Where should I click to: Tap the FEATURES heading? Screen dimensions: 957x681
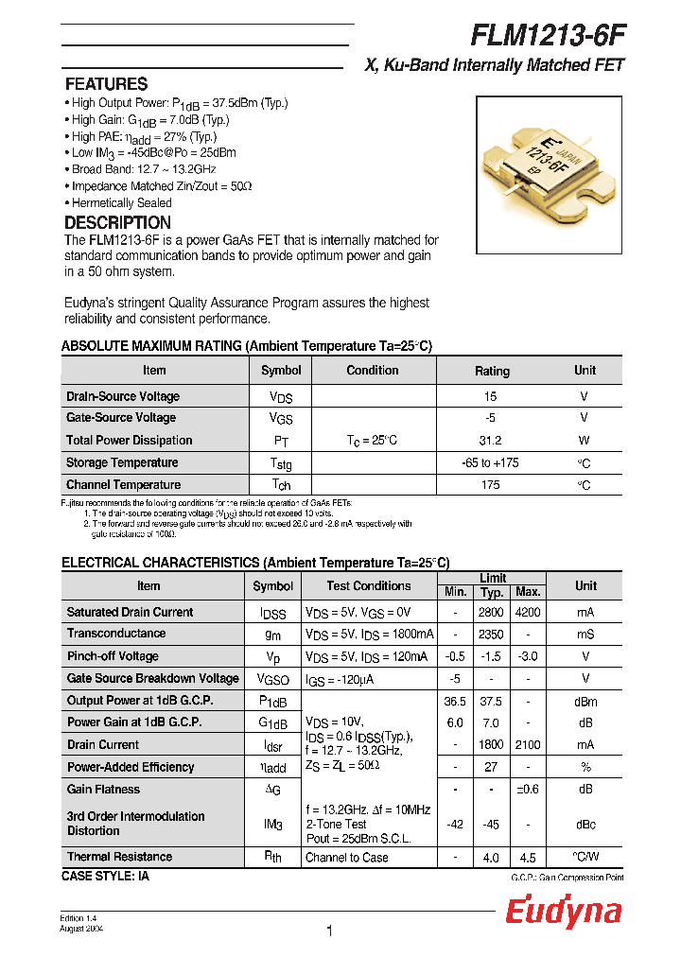[106, 84]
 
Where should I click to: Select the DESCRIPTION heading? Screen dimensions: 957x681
[117, 223]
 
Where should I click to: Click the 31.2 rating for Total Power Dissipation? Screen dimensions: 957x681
[491, 441]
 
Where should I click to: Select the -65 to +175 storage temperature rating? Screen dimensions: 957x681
[491, 463]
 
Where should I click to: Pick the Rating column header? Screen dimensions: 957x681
[491, 371]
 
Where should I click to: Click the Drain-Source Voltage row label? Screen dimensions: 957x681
[123, 396]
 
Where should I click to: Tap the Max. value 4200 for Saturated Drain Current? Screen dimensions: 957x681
[527, 612]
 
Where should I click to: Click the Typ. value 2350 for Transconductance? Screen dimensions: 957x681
[491, 634]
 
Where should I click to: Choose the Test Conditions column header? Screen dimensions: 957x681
[369, 586]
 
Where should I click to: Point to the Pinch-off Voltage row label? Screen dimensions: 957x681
[113, 656]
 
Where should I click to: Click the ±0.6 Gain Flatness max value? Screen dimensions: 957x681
[527, 790]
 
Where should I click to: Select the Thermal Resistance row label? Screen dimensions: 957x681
[119, 857]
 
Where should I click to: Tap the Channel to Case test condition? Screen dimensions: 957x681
[347, 858]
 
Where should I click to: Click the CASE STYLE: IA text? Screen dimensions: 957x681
[105, 877]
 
